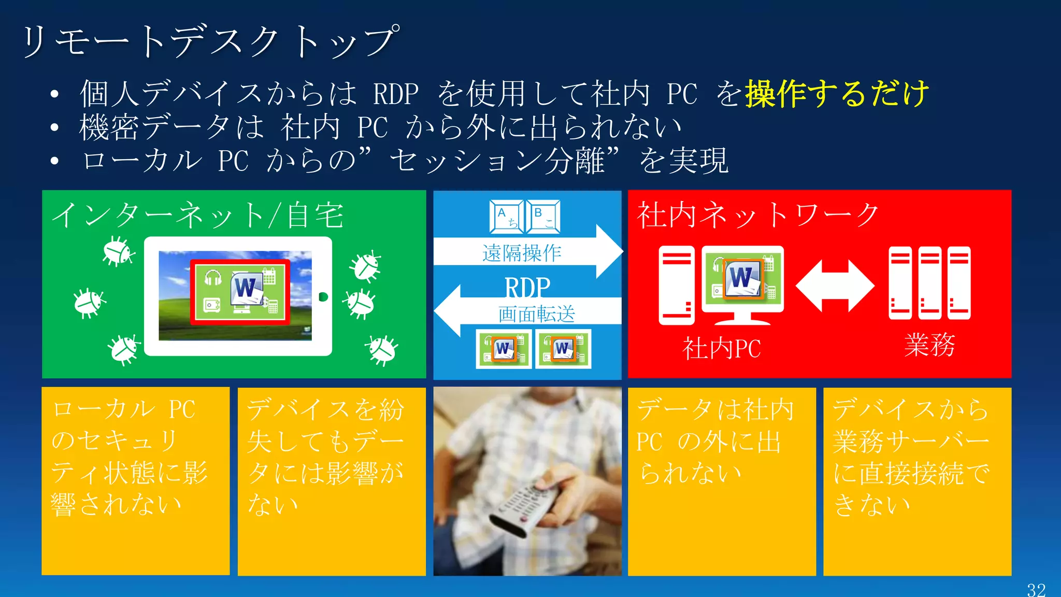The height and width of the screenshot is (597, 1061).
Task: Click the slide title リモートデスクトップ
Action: coord(210,41)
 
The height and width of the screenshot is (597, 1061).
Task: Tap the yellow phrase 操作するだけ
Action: coord(837,94)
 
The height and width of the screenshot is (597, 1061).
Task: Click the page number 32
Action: coord(1036,590)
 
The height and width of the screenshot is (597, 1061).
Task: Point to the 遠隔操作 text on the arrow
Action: coord(521,253)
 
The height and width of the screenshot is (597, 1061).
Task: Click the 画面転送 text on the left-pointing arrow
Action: coord(536,314)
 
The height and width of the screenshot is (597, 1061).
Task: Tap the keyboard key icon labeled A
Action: coord(506,217)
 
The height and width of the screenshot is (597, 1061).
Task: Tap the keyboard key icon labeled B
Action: coord(543,217)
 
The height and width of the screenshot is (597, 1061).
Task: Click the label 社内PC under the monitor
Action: coord(721,348)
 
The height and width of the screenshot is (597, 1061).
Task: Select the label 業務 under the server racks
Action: coord(929,345)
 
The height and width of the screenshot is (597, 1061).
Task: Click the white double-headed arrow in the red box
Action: coord(835,286)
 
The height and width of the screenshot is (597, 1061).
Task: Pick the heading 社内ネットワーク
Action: coord(757,215)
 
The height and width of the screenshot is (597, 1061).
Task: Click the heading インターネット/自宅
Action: coord(197,216)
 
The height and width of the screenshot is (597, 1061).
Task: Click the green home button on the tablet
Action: coord(323,297)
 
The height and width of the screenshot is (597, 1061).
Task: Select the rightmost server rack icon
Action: coord(959,283)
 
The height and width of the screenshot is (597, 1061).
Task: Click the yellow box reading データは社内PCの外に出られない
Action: coord(721,481)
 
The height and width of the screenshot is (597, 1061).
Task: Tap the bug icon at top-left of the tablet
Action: coord(118,252)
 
